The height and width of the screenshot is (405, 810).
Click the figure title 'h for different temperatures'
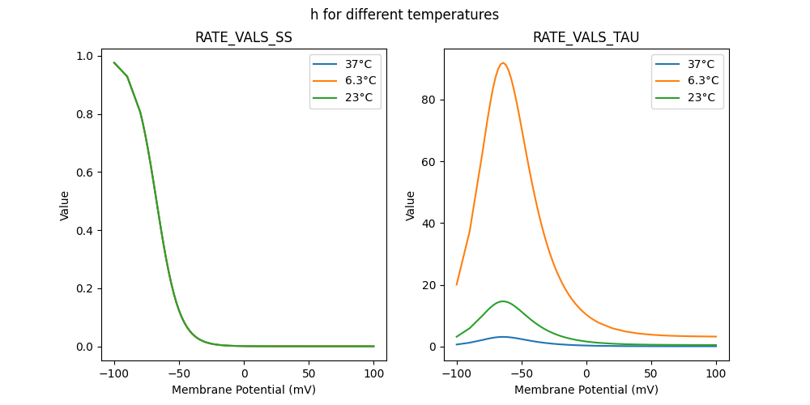pyautogui.click(x=404, y=15)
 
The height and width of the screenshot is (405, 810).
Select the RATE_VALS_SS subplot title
pyautogui.click(x=244, y=37)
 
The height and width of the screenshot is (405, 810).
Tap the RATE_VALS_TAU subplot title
pyautogui.click(x=586, y=37)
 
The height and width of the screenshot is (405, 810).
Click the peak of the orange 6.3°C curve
pyautogui.click(x=503, y=63)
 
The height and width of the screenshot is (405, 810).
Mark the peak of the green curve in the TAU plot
pyautogui.click(x=503, y=301)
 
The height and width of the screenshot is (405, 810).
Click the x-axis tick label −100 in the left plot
pyautogui.click(x=114, y=373)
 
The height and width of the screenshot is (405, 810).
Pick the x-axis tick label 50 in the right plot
pyautogui.click(x=651, y=373)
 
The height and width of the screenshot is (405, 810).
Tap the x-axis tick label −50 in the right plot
pyautogui.click(x=522, y=373)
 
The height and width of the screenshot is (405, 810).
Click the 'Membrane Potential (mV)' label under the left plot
pyautogui.click(x=244, y=390)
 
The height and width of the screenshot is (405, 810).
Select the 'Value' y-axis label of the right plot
pyautogui.click(x=411, y=206)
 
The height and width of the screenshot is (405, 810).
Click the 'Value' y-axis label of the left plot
pyautogui.click(x=65, y=206)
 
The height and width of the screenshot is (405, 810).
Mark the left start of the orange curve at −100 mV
pyautogui.click(x=457, y=284)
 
